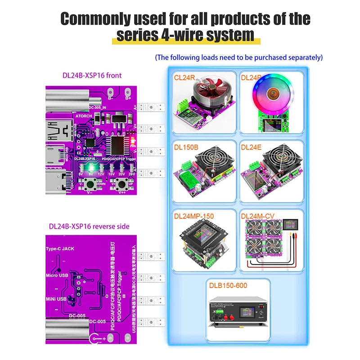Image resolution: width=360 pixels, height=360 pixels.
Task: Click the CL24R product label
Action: coord(184,78)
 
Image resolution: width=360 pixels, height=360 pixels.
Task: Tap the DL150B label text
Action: coord(186,147)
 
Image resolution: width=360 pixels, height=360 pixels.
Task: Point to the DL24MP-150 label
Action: coord(194,216)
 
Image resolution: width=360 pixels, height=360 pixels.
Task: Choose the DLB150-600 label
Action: coord(228,285)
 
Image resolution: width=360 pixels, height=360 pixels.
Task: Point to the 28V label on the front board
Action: coord(131,173)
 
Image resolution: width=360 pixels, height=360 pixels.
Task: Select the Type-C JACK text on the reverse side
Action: coord(59,248)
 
